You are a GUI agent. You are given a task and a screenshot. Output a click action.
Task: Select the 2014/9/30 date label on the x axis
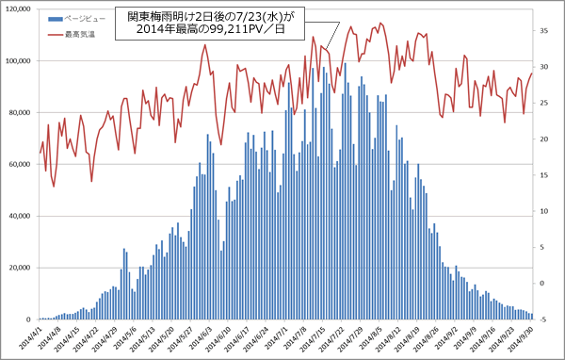point(524,338)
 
